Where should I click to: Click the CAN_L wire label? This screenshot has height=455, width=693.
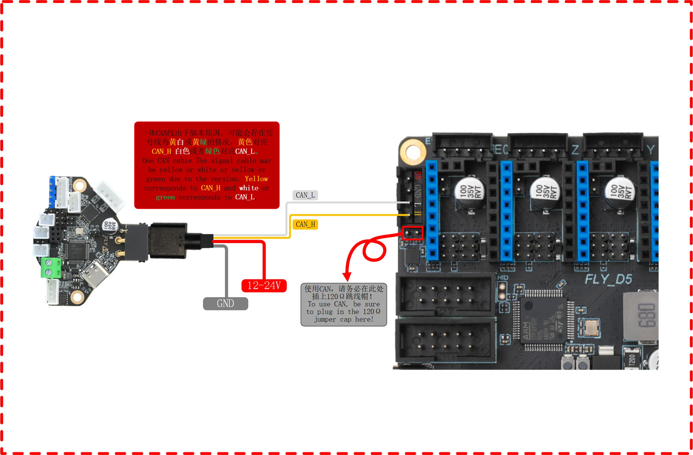pyautogui.click(x=305, y=195)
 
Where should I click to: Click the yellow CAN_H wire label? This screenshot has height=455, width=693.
pyautogui.click(x=305, y=224)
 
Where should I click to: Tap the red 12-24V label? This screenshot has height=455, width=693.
pyautogui.click(x=264, y=286)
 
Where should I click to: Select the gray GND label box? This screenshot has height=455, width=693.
pyautogui.click(x=225, y=303)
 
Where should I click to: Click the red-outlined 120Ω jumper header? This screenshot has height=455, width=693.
pyautogui.click(x=412, y=233)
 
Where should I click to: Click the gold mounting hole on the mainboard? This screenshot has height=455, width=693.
pyautogui.click(x=413, y=151)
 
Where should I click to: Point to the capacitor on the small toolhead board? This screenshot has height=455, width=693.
pyautogui.click(x=110, y=226)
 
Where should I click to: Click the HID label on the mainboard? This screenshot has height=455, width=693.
pyautogui.click(x=503, y=277)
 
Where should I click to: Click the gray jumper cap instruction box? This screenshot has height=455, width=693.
pyautogui.click(x=344, y=304)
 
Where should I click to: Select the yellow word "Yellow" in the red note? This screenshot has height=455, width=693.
pyautogui.click(x=256, y=179)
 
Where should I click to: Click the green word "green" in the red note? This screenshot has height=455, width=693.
pyautogui.click(x=165, y=197)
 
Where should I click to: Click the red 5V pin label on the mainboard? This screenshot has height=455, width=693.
pyautogui.click(x=418, y=176)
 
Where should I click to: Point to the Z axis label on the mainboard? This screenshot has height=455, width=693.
pyautogui.click(x=575, y=150)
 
